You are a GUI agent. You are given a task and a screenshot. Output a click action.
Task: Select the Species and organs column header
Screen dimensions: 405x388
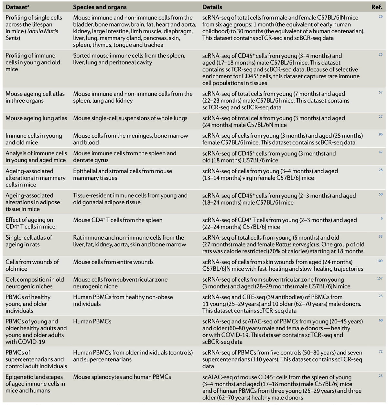[x=100, y=7]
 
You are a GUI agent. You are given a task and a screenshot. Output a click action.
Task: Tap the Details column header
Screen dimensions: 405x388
[x=212, y=7]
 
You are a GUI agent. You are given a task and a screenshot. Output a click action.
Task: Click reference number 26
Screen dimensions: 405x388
[x=381, y=17]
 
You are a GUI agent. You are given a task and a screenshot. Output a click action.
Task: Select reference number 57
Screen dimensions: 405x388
[x=381, y=93]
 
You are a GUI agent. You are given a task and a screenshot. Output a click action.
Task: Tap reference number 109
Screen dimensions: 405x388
[x=380, y=261]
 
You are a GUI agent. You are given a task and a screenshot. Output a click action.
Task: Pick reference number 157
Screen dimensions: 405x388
[x=380, y=278]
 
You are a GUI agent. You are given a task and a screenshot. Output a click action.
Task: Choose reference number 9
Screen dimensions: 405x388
[x=382, y=219]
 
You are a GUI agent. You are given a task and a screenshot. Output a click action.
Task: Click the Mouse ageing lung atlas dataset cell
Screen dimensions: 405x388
[x=36, y=118]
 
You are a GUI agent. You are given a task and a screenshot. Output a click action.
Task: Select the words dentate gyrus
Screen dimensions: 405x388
[x=91, y=160]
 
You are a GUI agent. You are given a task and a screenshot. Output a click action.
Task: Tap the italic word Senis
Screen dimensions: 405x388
[x=12, y=38]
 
